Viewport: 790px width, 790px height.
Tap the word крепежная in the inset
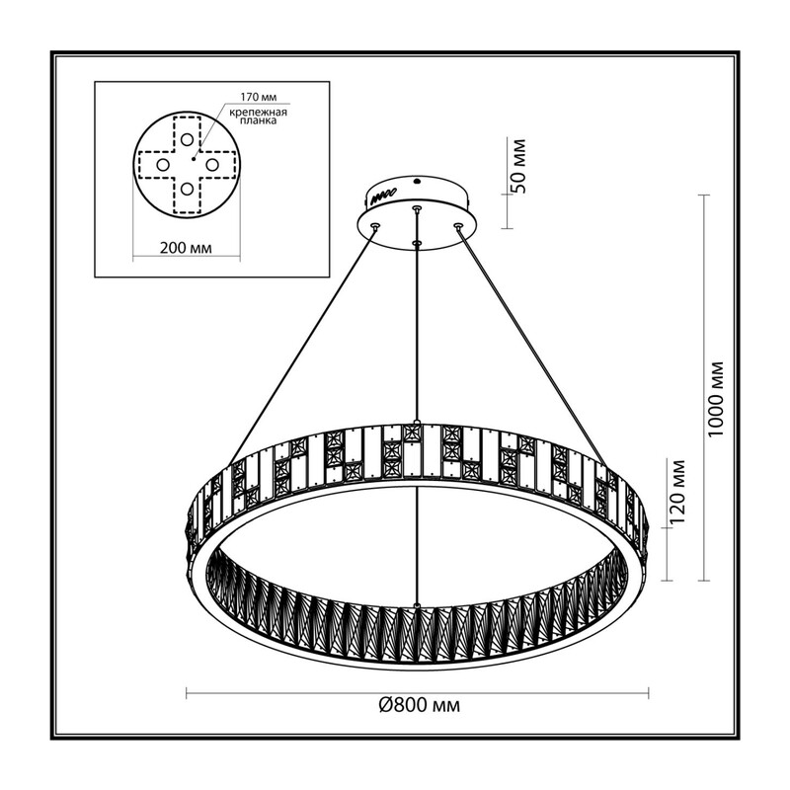pos(259,113)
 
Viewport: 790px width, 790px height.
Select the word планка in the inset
pos(259,121)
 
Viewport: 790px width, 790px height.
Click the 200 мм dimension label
pos(186,248)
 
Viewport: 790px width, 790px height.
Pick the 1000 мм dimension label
pos(716,400)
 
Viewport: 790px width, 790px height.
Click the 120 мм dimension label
pos(678,492)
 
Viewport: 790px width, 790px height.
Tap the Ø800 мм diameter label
pos(419,705)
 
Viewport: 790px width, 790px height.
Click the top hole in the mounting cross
pos(187,139)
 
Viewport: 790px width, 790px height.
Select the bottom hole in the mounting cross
pos(187,189)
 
